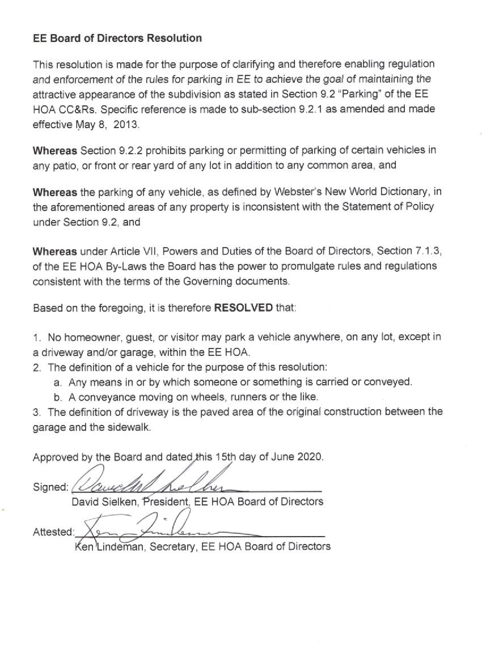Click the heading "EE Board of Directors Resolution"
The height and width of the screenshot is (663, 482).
pos(117,39)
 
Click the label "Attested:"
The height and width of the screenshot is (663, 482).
pos(53,532)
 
